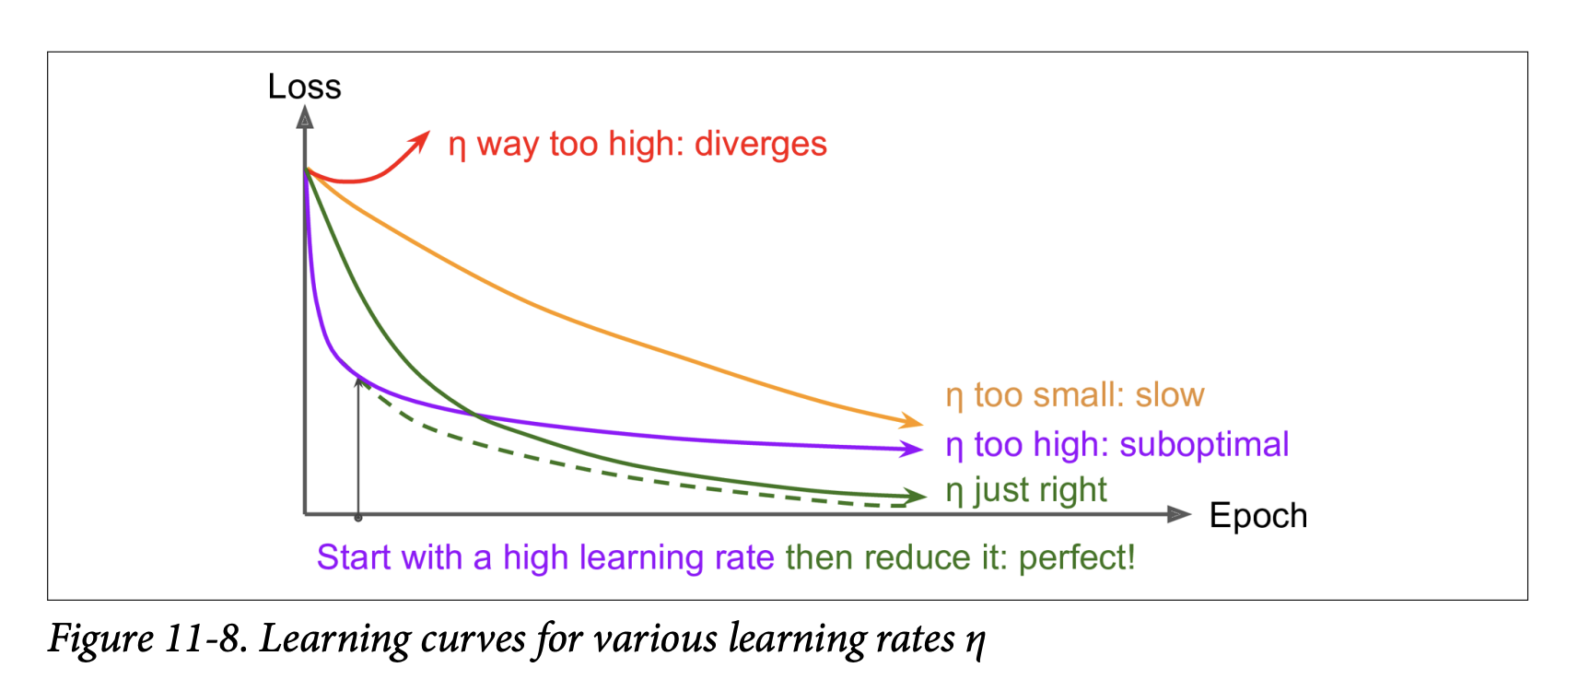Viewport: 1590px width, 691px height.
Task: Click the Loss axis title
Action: point(304,87)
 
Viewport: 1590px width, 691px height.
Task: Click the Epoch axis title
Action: point(1257,516)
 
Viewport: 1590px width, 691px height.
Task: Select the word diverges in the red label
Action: point(760,144)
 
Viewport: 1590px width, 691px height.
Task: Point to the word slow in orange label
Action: point(1169,395)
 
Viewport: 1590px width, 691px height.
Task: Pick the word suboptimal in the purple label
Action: point(1203,444)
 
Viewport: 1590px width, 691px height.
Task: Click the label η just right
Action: point(1026,490)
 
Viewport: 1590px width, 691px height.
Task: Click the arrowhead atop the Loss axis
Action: point(305,117)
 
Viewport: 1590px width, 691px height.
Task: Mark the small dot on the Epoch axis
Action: point(358,518)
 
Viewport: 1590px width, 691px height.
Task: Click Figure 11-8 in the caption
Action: point(147,638)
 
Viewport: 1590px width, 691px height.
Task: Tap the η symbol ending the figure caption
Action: point(976,640)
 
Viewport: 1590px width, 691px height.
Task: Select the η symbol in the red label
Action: point(457,146)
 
